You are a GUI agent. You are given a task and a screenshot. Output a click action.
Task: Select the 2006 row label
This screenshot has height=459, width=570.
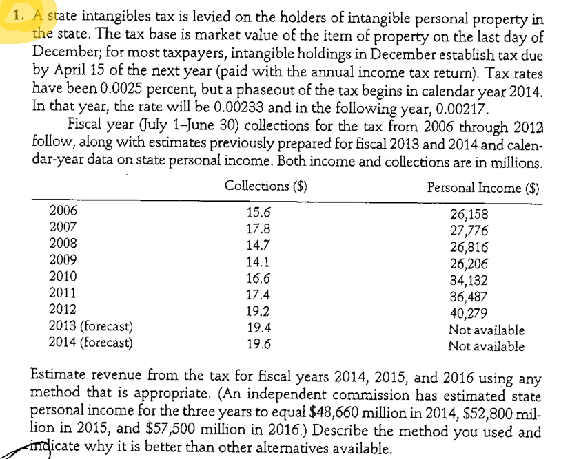coord(64,211)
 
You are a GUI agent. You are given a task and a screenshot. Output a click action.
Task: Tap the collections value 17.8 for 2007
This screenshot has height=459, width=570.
coord(258,228)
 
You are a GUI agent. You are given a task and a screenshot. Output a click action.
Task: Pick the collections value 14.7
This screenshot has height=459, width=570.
coord(258,244)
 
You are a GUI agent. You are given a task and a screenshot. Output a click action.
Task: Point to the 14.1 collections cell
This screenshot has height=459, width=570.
coord(258,261)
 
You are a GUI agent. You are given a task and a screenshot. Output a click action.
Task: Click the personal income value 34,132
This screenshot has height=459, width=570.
coord(469,280)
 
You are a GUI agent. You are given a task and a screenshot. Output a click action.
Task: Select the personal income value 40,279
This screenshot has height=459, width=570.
coord(469,313)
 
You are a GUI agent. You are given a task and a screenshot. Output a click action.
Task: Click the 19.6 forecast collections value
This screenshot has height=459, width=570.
coord(258,343)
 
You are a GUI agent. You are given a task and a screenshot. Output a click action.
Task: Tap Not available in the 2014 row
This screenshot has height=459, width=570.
coord(486,347)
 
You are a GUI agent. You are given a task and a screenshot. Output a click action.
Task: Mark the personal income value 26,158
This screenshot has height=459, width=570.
coord(469,213)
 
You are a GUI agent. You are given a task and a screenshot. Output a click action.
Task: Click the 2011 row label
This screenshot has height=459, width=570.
coord(64,293)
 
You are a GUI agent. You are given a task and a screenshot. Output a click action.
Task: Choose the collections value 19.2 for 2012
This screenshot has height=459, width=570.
coord(258,310)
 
